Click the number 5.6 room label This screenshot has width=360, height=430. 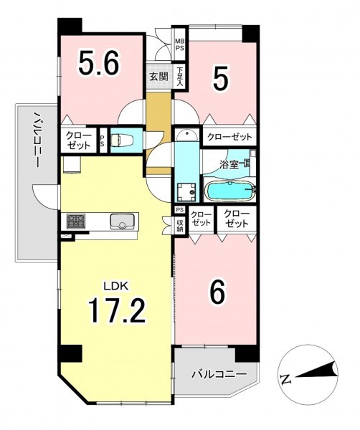pyautogui.click(x=99, y=63)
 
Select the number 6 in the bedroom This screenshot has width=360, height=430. pyautogui.click(x=217, y=292)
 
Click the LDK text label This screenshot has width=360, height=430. pyautogui.click(x=115, y=286)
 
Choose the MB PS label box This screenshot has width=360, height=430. pyautogui.click(x=180, y=44)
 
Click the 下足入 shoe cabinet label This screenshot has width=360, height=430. pyautogui.click(x=180, y=77)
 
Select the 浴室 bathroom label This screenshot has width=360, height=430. pyautogui.click(x=228, y=166)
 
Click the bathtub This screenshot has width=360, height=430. pyautogui.click(x=229, y=191)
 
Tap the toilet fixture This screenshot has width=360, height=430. pyautogui.click(x=121, y=140)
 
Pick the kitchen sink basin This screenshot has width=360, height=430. pyautogui.click(x=122, y=221)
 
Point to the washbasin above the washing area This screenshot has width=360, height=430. pyautogui.click(x=186, y=135)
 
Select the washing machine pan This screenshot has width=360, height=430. pyautogui.click(x=186, y=192)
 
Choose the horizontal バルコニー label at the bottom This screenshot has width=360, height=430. pyautogui.click(x=219, y=374)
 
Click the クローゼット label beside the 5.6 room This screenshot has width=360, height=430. pyautogui.click(x=78, y=140)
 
